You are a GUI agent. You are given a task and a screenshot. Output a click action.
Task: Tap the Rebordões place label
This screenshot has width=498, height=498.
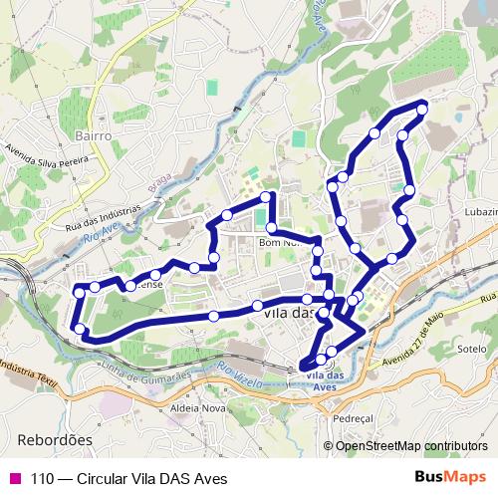55,438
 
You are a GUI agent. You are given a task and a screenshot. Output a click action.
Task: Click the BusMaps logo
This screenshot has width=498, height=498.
450,477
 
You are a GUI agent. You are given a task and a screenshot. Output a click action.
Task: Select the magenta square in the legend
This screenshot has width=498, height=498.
14,477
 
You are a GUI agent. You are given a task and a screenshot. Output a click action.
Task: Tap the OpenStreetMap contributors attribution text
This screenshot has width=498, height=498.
412,445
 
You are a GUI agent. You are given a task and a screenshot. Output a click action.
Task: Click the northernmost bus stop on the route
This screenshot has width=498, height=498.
422,108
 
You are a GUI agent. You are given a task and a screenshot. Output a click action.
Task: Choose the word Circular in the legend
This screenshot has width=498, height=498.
109,477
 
